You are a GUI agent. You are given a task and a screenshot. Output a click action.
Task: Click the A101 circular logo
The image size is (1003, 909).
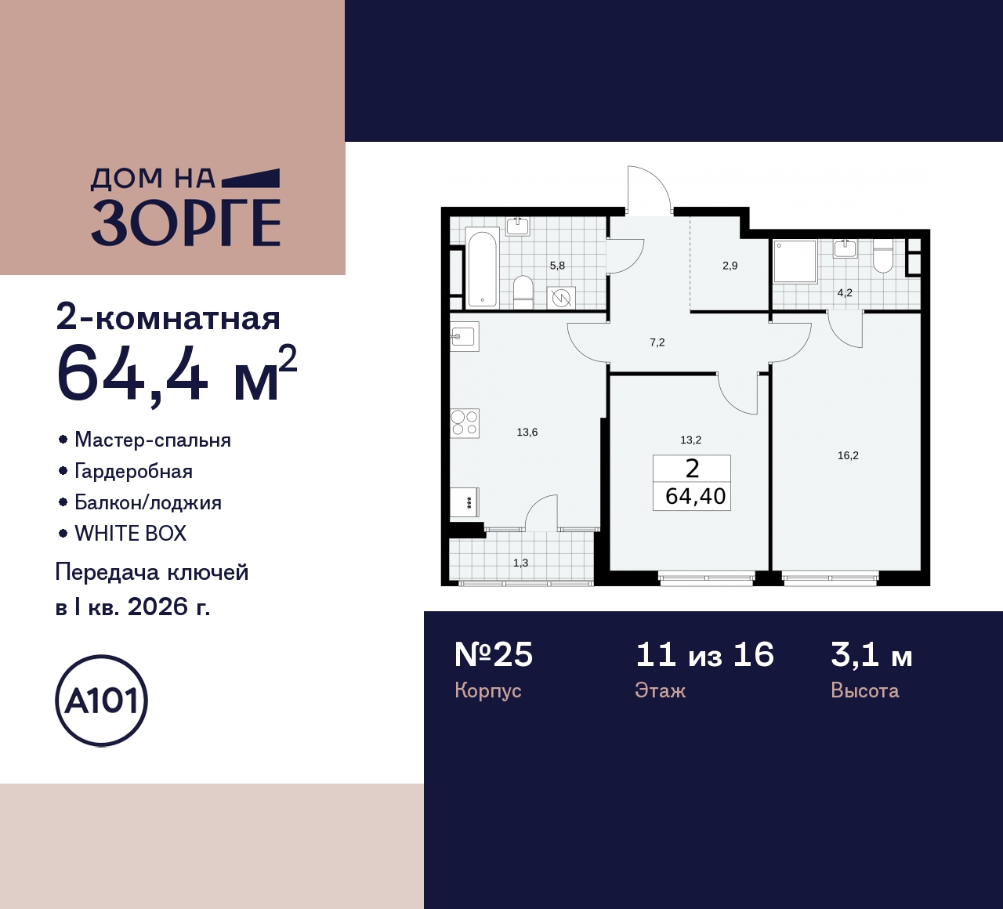pos(102,701)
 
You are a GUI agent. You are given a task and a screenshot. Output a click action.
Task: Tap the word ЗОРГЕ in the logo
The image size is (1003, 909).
pos(186,223)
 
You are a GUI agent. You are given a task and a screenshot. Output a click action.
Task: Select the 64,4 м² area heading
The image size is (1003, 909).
pos(176,375)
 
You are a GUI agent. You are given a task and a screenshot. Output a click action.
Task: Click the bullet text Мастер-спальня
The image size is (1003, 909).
pos(153,440)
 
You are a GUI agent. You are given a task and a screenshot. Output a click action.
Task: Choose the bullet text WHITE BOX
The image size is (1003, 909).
pos(130,534)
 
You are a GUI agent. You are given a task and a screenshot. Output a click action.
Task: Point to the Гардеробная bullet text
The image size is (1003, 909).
pos(133,471)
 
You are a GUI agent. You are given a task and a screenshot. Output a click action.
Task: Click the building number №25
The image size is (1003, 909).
pos(494,654)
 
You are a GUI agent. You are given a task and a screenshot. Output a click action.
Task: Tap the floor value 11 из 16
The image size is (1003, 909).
pos(704,654)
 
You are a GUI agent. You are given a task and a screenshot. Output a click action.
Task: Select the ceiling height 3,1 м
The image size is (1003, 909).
pos(871,654)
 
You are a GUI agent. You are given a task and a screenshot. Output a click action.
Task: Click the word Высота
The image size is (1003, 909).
pos(864,690)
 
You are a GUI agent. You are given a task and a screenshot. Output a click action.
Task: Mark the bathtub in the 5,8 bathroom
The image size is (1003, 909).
pos(482,267)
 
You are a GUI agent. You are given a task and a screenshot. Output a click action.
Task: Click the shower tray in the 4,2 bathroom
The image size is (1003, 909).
pos(795,261)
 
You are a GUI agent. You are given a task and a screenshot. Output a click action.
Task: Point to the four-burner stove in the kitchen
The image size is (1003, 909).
pos(464,423)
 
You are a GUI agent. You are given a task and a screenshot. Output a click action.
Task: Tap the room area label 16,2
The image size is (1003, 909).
pos(848,455)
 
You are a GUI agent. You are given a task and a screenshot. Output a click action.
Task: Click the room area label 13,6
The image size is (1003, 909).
pos(527,432)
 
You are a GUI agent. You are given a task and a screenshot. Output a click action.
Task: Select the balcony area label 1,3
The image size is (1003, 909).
pos(520,563)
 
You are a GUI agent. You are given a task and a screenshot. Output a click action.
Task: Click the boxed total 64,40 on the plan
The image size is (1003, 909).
pos(695,496)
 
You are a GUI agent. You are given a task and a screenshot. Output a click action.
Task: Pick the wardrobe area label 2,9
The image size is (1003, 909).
pos(730,266)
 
